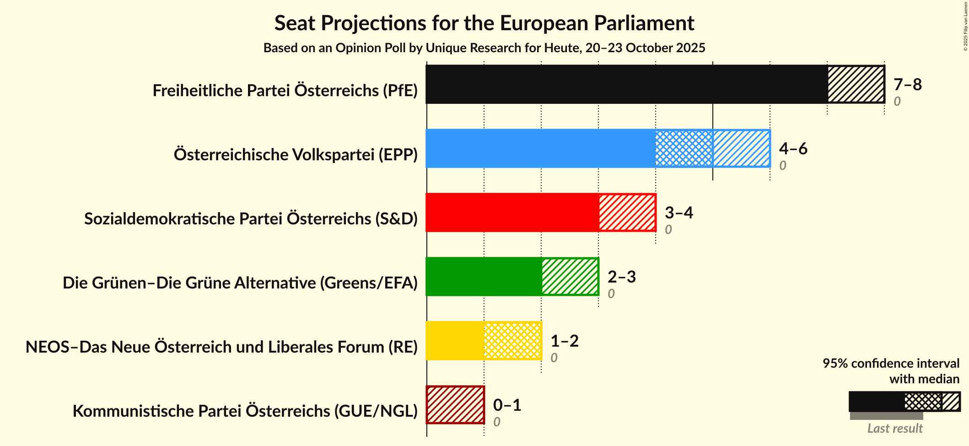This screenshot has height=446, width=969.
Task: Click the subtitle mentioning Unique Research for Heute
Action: coord(484,48)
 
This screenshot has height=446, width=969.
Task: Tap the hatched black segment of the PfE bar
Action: coord(856,84)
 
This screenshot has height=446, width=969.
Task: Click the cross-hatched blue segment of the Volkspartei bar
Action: coord(684,148)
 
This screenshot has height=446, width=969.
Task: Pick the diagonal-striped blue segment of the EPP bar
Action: coord(741,148)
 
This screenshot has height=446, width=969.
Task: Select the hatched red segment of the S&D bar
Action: coord(627,212)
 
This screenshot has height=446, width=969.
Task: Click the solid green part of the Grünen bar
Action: coord(484,277)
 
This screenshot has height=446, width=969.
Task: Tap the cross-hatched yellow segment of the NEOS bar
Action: coord(512,341)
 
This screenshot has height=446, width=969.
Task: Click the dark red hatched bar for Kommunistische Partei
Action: coord(455,405)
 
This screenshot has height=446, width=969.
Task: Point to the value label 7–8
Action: coord(907,84)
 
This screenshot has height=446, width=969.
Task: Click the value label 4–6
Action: coord(793,148)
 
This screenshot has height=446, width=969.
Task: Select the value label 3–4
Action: coord(678,212)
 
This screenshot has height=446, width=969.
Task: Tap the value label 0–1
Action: coord(507,405)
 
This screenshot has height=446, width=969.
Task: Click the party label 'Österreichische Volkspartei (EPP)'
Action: coord(296,155)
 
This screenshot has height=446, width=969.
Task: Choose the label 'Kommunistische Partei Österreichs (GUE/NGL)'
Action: coord(245,411)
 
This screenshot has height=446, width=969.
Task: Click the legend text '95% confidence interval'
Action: coord(890,364)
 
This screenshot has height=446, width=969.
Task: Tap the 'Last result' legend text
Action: coord(895,429)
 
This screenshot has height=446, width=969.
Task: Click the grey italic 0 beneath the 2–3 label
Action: coord(611,294)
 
